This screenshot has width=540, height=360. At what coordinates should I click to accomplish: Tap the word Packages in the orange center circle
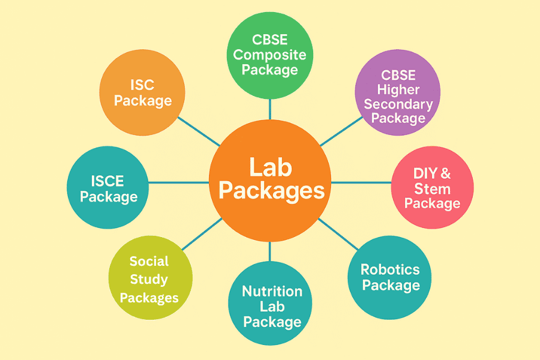(x=271, y=191)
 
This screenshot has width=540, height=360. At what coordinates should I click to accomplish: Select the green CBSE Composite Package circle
(x=269, y=55)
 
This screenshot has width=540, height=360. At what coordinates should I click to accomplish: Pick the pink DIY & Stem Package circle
(x=432, y=188)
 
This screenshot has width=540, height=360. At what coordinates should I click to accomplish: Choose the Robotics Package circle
(x=390, y=277)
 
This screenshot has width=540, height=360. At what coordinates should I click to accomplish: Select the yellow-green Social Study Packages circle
(x=150, y=278)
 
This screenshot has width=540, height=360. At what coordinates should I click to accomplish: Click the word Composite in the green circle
(x=269, y=55)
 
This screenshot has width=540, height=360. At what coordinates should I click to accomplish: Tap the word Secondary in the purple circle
(x=398, y=104)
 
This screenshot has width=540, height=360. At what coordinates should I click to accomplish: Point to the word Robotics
(x=390, y=269)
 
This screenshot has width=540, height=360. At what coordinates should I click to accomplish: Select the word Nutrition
(x=272, y=292)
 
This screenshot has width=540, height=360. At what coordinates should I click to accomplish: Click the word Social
(x=149, y=262)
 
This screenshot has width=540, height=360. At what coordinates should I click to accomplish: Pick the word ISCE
(x=108, y=180)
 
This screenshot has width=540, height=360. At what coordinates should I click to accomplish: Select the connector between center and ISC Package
(x=199, y=131)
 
